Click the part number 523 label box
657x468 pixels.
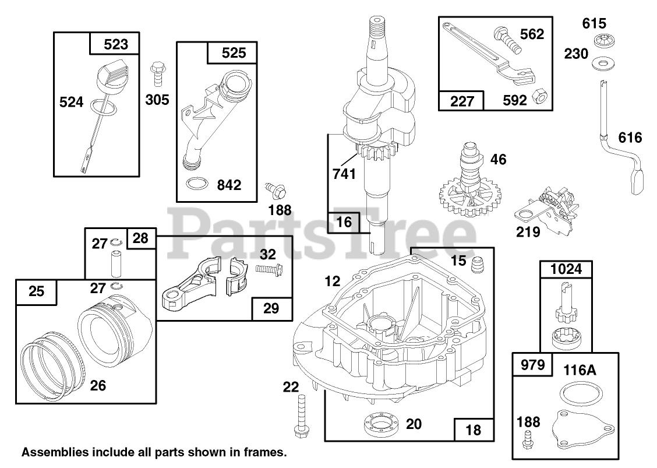pyautogui.click(x=115, y=44)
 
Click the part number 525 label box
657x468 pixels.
pyautogui.click(x=234, y=53)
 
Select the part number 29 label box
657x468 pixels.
pyautogui.click(x=271, y=309)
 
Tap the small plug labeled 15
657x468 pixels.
pyautogui.click(x=478, y=265)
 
